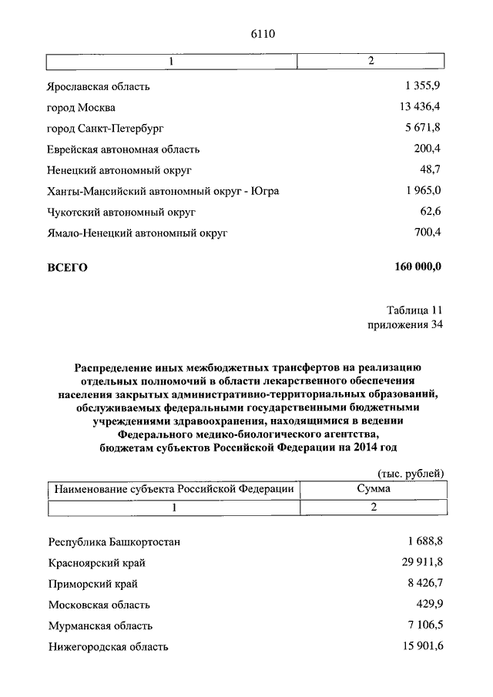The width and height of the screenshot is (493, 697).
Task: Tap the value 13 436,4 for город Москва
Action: [421, 107]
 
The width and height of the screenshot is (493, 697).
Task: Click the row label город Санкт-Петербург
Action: [106, 128]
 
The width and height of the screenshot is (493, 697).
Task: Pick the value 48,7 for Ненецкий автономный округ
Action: [431, 169]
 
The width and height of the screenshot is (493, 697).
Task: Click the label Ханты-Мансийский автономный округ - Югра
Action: [163, 190]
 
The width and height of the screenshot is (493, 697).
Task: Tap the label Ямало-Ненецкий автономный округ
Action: [139, 232]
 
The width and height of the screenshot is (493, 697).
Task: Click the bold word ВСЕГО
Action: [68, 268]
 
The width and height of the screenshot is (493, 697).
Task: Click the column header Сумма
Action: [373, 489]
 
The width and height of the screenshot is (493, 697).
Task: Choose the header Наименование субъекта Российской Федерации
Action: [173, 489]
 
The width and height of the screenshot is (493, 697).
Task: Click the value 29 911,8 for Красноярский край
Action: [421, 563]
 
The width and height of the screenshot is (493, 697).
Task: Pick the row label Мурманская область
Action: [100, 626]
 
